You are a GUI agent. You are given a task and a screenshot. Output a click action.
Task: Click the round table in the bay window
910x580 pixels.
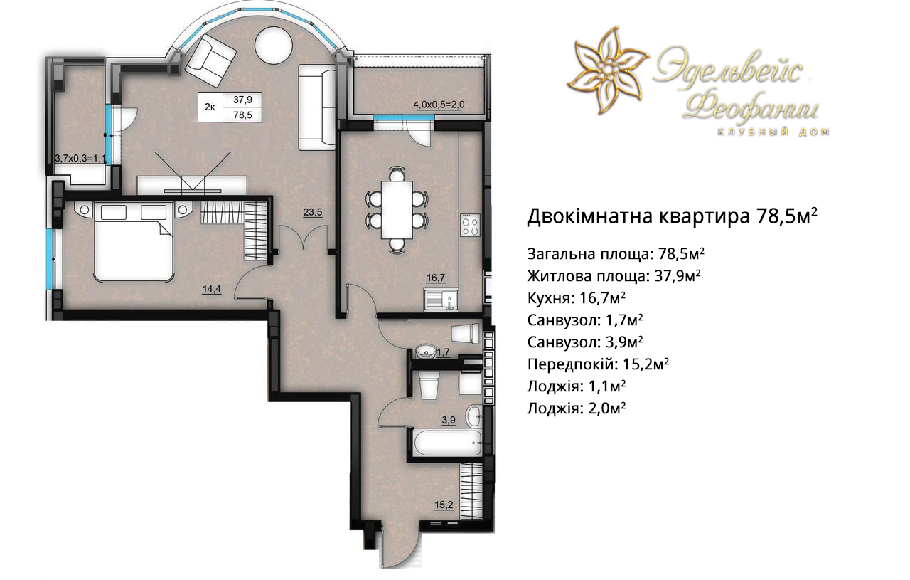(274, 45)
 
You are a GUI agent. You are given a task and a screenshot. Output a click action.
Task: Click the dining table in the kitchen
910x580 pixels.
(397, 210)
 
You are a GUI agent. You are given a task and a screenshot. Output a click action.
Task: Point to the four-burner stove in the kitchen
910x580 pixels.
(471, 224)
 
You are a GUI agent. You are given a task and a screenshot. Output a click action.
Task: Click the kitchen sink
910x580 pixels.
(441, 300)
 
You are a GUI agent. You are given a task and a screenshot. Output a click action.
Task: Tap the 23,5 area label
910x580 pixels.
(312, 212)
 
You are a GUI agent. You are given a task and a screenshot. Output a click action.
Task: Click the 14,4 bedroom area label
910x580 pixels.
(212, 289)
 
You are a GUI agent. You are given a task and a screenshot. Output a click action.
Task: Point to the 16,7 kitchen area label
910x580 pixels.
(436, 278)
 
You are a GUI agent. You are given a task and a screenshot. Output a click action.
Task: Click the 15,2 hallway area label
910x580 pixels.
(444, 505)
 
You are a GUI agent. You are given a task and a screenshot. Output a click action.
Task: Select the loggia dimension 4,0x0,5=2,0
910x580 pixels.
(439, 105)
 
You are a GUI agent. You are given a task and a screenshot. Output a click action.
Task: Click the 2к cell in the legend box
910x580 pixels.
(210, 107)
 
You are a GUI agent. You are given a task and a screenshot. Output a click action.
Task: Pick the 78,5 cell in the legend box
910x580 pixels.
(242, 115)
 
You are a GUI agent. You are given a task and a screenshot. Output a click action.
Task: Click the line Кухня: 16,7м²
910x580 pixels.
(576, 298)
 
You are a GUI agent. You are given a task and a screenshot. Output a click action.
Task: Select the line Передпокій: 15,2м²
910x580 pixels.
(598, 364)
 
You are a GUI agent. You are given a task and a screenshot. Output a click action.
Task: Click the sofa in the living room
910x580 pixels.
(317, 107)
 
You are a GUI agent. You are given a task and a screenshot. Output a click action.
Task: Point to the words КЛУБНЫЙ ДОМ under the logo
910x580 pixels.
(773, 132)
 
